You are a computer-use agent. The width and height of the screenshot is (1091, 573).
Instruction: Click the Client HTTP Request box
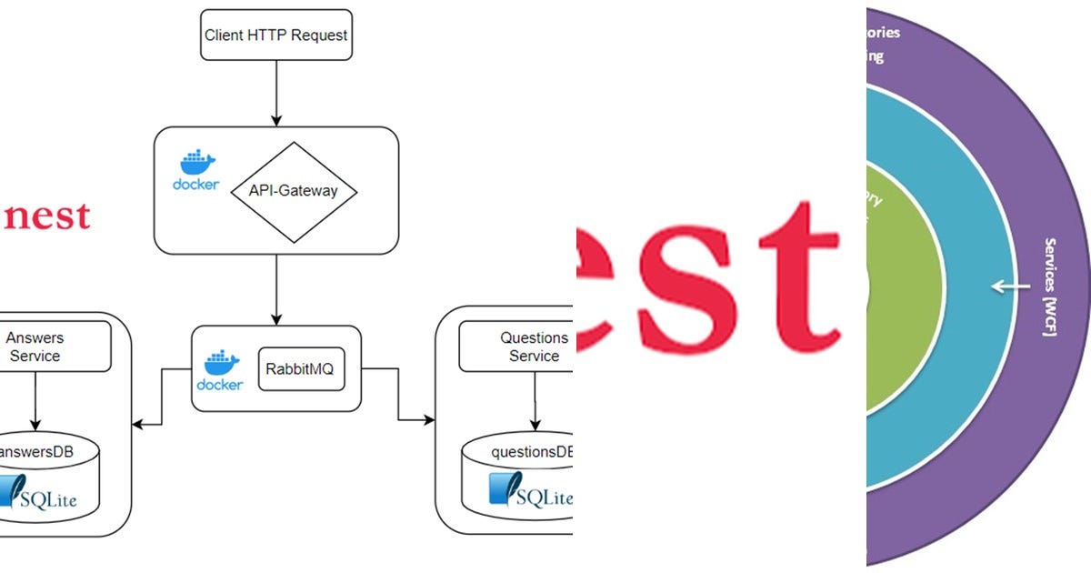[275, 36]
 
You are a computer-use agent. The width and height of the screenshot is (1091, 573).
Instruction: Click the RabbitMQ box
[302, 369]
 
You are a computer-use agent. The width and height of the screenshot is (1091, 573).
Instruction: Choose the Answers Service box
[36, 347]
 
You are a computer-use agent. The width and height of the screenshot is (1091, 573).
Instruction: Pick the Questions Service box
[523, 347]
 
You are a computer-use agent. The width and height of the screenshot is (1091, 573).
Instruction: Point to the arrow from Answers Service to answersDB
[35, 400]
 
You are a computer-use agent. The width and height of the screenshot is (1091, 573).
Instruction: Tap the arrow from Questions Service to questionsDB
[535, 400]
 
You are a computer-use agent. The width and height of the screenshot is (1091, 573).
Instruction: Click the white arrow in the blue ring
[1004, 287]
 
